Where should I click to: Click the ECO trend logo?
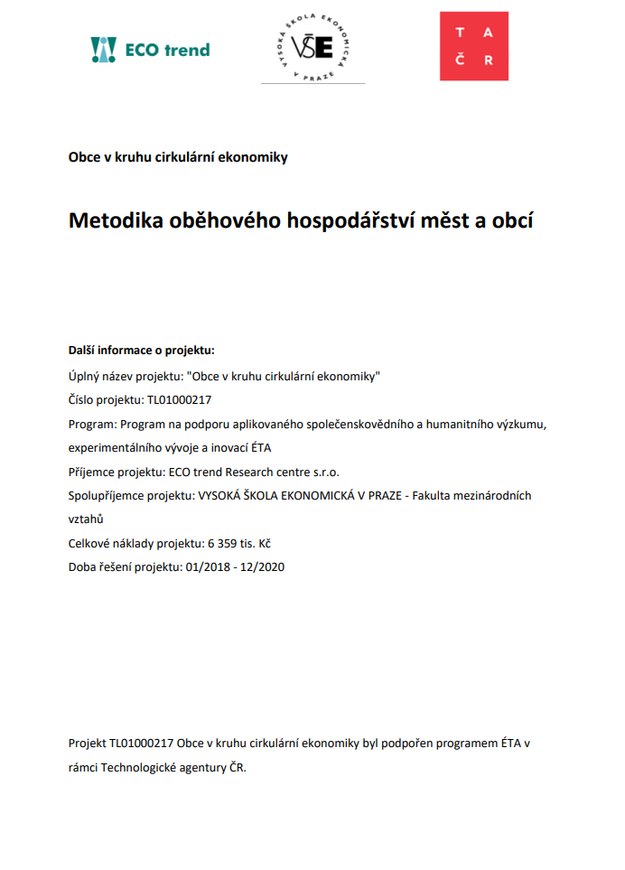[150, 50]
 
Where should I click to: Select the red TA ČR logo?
[474, 46]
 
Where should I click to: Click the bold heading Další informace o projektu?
[142, 350]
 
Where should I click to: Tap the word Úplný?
[86, 375]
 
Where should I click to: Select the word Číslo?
[84, 399]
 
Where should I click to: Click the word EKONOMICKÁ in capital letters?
[319, 495]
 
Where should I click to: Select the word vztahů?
[86, 519]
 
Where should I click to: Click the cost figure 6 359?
[224, 544]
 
